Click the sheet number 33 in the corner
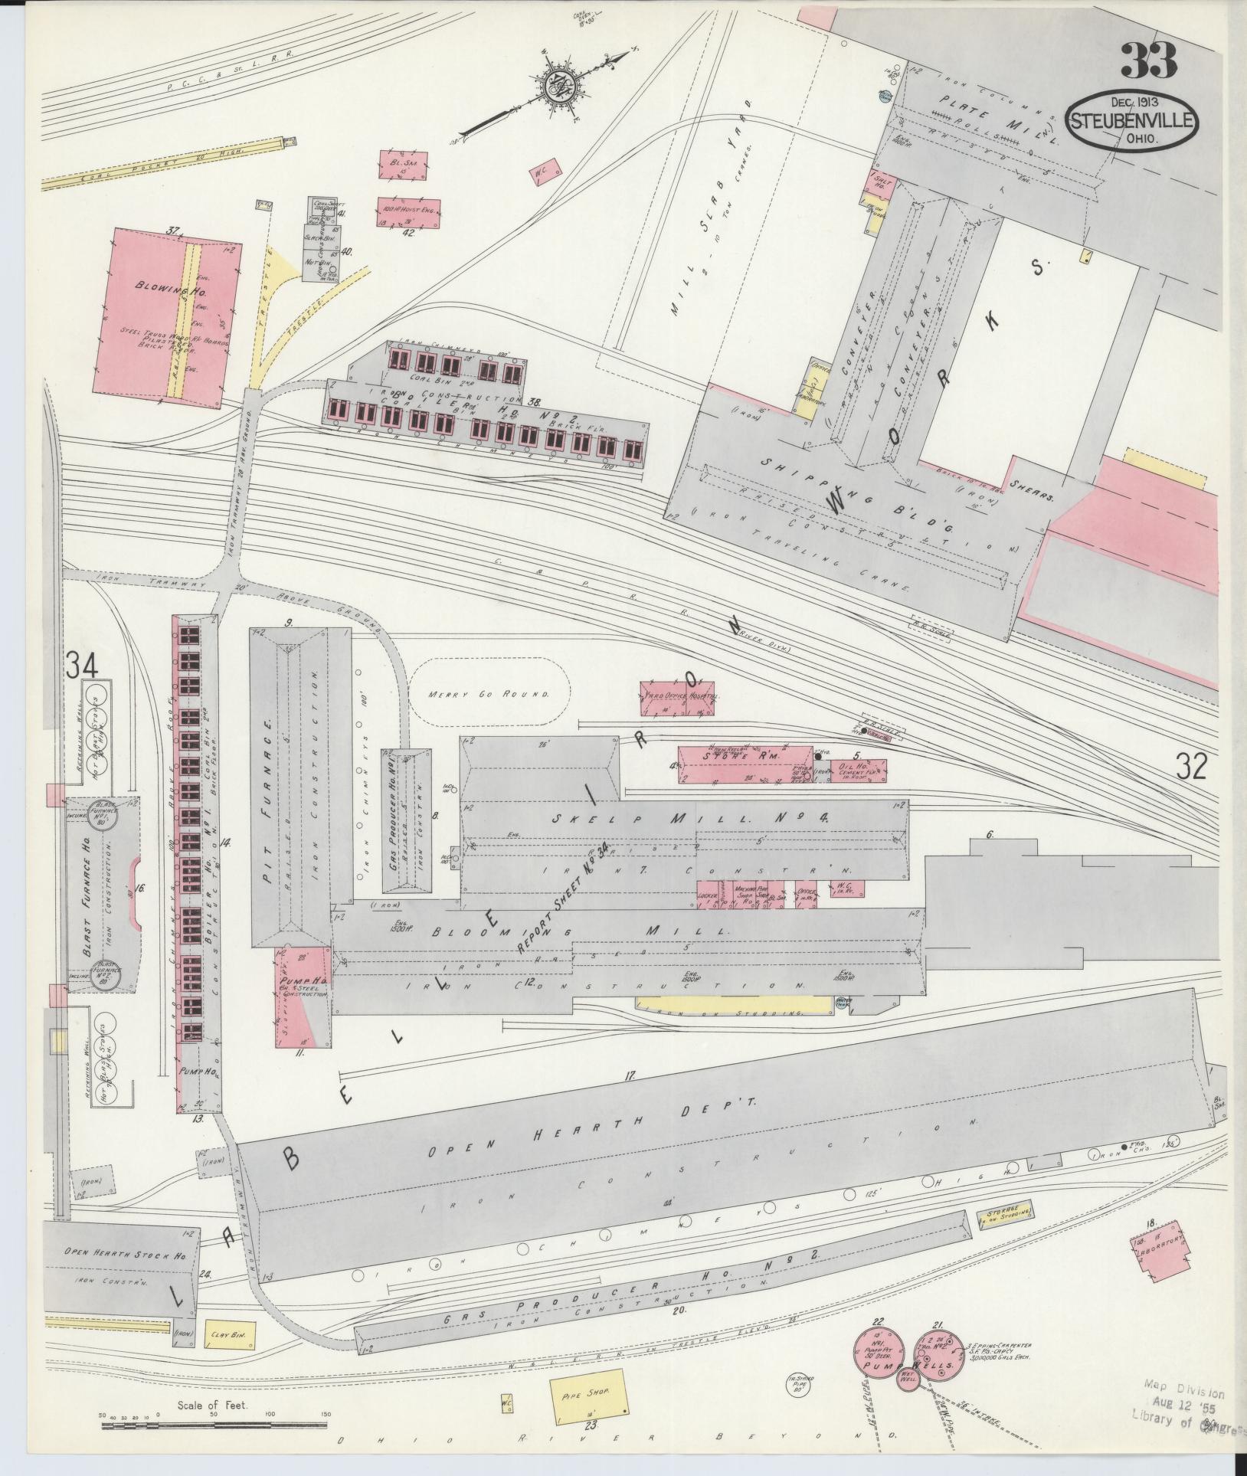pos(1148,61)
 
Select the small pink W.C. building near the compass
pos(546,174)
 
